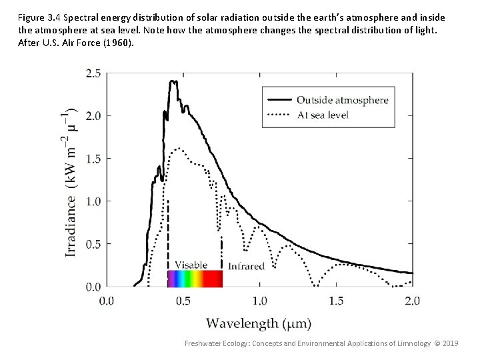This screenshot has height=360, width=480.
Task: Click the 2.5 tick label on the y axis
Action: pyautogui.click(x=91, y=73)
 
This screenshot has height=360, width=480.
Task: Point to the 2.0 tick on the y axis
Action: pyautogui.click(x=91, y=115)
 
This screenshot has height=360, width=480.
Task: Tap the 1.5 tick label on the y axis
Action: pyautogui.click(x=91, y=158)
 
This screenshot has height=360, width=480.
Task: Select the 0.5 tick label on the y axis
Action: pyautogui.click(x=91, y=244)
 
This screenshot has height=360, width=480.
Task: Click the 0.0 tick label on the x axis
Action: pyautogui.click(x=107, y=301)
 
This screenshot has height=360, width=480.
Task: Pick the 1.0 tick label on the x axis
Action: pyautogui.click(x=259, y=301)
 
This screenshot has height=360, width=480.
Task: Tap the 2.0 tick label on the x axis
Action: pyautogui.click(x=413, y=301)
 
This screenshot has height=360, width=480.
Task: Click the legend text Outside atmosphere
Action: pyautogui.click(x=342, y=100)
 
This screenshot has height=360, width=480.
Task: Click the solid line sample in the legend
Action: pyautogui.click(x=280, y=100)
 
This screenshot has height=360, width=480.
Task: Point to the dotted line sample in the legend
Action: pyautogui.click(x=280, y=115)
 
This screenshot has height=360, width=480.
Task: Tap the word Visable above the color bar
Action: pyautogui.click(x=191, y=265)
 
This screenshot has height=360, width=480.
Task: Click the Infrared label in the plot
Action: pyautogui.click(x=246, y=265)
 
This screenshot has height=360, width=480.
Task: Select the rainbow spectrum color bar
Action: pyautogui.click(x=194, y=278)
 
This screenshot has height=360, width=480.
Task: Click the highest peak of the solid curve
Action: pyautogui.click(x=173, y=81)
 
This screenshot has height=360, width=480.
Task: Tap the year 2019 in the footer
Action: pyautogui.click(x=450, y=343)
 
